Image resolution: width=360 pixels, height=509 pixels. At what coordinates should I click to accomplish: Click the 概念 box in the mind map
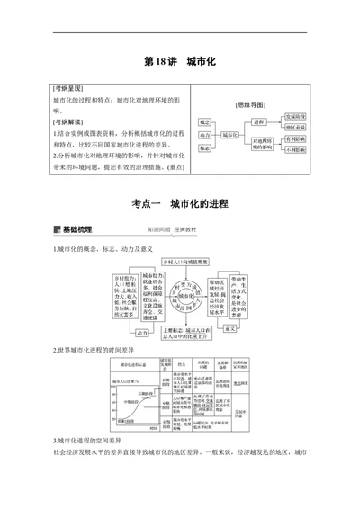204,121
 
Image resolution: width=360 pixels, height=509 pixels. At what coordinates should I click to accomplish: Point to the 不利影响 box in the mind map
295,150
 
